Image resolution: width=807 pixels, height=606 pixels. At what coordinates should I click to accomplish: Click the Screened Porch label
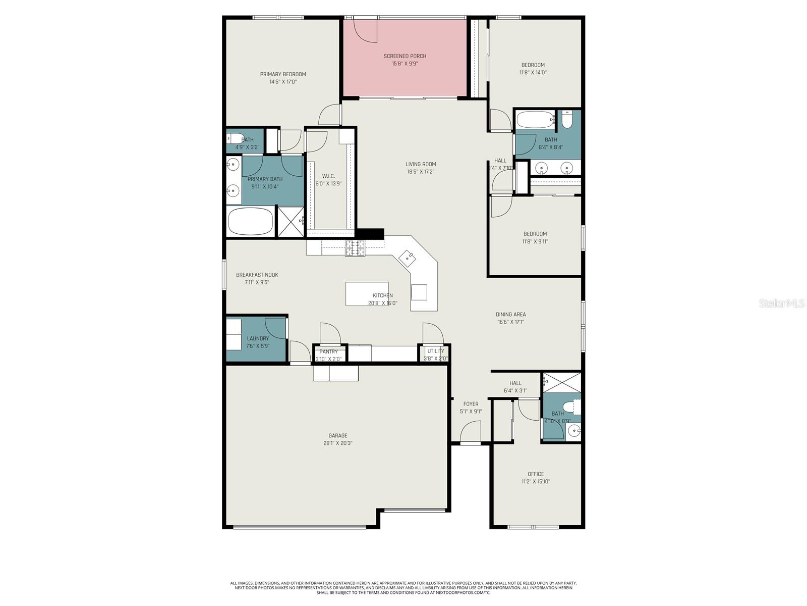click(x=405, y=56)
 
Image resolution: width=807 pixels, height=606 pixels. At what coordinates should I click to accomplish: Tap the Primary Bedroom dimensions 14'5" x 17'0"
click(x=283, y=82)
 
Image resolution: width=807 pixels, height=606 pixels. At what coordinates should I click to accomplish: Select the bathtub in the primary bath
click(x=251, y=222)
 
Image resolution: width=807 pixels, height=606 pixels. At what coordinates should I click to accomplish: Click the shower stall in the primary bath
click(x=291, y=221)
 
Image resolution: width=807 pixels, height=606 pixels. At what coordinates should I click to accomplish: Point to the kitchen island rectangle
click(x=367, y=294)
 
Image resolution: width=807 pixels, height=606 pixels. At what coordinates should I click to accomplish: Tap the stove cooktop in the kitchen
click(x=355, y=248)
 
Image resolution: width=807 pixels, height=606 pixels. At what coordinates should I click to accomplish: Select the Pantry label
click(x=328, y=352)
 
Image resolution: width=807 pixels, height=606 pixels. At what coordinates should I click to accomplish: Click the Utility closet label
click(x=435, y=351)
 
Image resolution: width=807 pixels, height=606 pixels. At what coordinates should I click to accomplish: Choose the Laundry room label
click(x=258, y=339)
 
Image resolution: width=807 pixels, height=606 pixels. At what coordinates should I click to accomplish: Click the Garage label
click(x=337, y=436)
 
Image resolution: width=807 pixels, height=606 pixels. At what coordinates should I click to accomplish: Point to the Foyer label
click(x=471, y=404)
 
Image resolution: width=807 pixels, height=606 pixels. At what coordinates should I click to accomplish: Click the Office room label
click(x=536, y=474)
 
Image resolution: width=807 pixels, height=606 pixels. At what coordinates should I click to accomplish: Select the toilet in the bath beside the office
click(x=573, y=406)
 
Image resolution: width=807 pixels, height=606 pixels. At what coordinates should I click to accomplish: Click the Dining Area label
click(x=510, y=315)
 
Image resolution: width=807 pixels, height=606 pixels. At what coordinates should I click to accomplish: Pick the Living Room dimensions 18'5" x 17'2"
click(x=421, y=172)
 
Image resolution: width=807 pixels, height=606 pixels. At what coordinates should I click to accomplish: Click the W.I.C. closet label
click(x=328, y=176)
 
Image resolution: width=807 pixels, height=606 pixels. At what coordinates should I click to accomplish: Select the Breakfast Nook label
click(x=257, y=275)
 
